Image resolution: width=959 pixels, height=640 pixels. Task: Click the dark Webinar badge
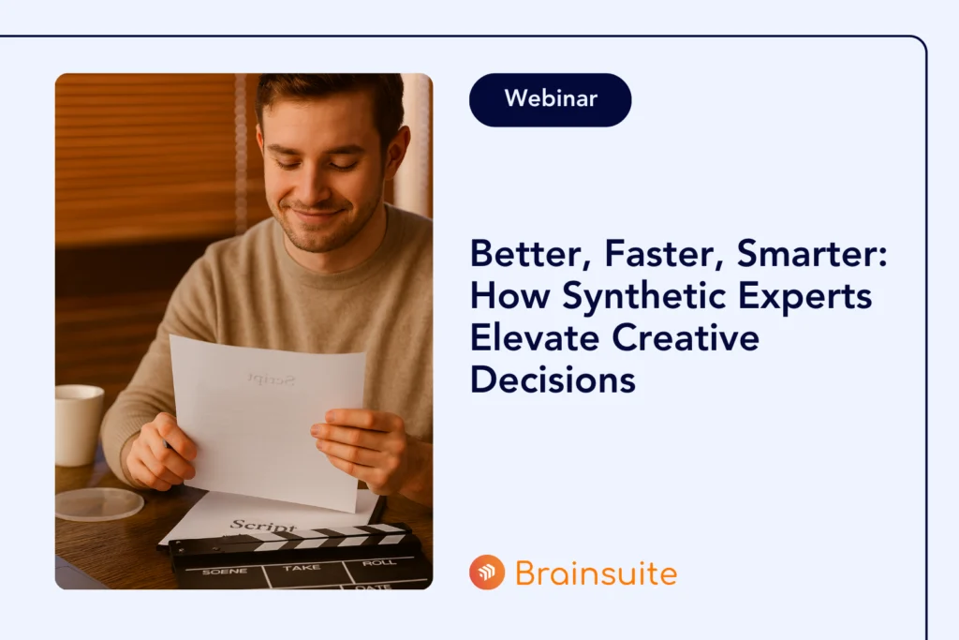pos(550,99)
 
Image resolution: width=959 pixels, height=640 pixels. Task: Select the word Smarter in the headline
pos(812,253)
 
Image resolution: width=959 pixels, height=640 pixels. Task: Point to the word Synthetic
pos(644,297)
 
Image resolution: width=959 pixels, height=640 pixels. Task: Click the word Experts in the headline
pos(804,297)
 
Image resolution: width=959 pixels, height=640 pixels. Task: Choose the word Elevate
pos(535,337)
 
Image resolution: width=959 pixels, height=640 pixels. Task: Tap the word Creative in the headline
pos(686,337)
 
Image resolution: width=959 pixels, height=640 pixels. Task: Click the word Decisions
pos(553,380)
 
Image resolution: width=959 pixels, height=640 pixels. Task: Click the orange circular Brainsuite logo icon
pos(487,573)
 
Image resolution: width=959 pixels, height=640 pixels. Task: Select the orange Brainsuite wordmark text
pos(597,573)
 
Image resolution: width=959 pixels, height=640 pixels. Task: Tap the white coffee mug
pos(79,424)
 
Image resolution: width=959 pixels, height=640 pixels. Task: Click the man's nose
pos(309,186)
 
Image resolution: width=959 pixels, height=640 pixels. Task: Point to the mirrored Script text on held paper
pos(272,380)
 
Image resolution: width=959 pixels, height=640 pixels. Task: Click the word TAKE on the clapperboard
pos(302,568)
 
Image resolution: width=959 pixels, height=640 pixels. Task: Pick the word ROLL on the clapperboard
pos(378,562)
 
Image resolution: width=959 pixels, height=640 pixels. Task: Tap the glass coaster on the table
pos(99,504)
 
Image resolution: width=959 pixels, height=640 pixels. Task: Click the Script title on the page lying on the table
pos(263,527)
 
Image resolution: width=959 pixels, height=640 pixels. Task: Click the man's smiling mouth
pos(317,215)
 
